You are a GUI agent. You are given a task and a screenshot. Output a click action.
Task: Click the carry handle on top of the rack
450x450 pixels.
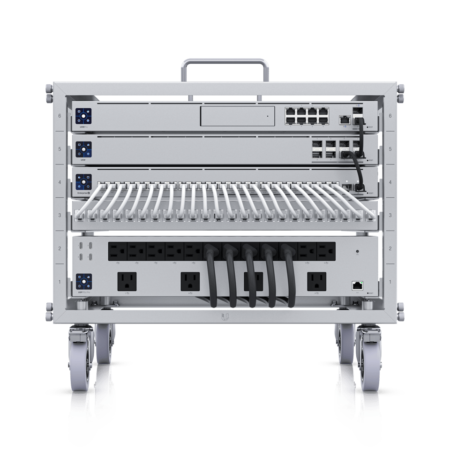pos(225,61)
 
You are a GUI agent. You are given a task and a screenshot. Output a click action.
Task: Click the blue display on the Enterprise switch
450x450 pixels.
pos(82,182)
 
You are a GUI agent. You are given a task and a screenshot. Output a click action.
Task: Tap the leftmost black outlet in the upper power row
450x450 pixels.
pos(118,251)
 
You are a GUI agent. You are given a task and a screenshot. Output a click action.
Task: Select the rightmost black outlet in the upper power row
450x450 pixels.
pos(326,251)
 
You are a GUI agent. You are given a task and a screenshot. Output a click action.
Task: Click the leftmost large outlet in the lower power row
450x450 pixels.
pos(127,282)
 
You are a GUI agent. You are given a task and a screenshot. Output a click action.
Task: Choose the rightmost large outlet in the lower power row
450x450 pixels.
pos(316,282)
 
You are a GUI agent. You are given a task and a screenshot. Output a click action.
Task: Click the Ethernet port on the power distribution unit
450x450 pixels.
pos(357,285)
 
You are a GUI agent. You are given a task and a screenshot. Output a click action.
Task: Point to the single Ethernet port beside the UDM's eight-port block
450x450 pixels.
pos(345,119)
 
